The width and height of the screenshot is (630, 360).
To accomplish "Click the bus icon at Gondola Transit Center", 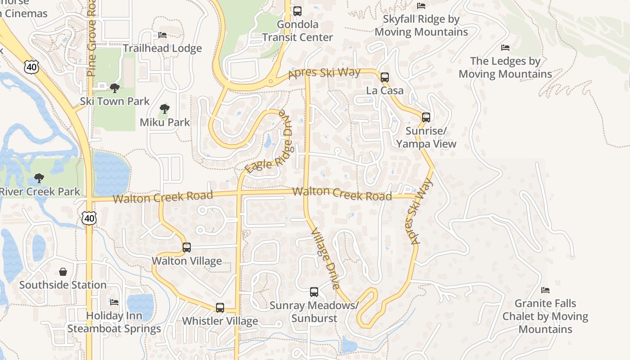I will pyautogui.click(x=297, y=11).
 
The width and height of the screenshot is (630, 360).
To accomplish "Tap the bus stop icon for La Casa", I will pyautogui.click(x=384, y=77).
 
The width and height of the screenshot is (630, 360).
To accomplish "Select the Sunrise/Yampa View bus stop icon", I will pyautogui.click(x=426, y=117).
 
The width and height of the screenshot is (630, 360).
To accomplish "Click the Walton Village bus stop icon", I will pyautogui.click(x=186, y=247).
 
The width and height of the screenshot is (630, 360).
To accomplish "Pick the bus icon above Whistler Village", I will pyautogui.click(x=220, y=308).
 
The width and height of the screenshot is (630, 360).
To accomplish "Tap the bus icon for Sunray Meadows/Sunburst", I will pyautogui.click(x=314, y=292).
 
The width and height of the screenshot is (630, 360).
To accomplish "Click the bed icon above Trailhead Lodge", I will pyautogui.click(x=162, y=35).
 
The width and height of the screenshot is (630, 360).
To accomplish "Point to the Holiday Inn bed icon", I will pyautogui.click(x=114, y=302).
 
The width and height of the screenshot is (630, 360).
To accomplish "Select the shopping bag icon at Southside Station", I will pyautogui.click(x=63, y=272).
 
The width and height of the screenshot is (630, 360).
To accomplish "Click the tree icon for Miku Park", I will pyautogui.click(x=165, y=108).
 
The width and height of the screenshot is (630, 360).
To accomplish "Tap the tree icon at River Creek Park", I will pyautogui.click(x=39, y=178).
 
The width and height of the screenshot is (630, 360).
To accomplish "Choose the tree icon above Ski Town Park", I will pyautogui.click(x=115, y=88).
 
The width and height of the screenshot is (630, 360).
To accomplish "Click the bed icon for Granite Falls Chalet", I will pyautogui.click(x=545, y=290).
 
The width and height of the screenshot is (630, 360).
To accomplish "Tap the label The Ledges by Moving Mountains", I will pyautogui.click(x=505, y=67).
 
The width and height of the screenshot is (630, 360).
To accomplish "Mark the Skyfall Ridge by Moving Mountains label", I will pyautogui.click(x=421, y=26).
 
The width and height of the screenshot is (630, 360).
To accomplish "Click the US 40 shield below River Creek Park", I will pyautogui.click(x=89, y=218).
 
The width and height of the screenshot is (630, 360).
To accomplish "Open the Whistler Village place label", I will pyautogui.click(x=220, y=321).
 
